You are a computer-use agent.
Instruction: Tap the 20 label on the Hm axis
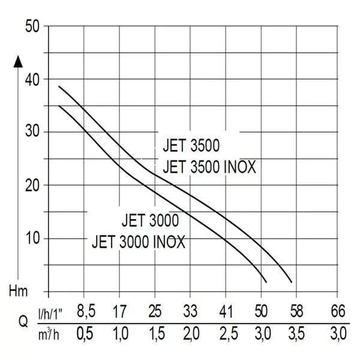tap(32, 185)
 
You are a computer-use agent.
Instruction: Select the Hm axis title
tap(19, 291)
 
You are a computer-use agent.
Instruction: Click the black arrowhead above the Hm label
tap(18, 62)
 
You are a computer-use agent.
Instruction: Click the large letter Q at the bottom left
tap(23, 322)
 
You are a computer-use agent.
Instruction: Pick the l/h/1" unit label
tap(50, 314)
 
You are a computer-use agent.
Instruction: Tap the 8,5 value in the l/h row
tap(86, 311)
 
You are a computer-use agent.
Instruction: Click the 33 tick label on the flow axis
tap(190, 311)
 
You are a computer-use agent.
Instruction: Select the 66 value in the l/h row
tap(338, 311)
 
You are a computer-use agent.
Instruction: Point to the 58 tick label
tap(296, 311)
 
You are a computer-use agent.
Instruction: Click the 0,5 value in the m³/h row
tap(85, 334)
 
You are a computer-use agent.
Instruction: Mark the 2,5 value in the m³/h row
tap(229, 334)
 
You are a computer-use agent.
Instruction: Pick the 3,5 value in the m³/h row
tap(296, 334)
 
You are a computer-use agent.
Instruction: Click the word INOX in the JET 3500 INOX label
tap(239, 167)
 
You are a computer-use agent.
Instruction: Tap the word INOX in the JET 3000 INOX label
tap(169, 242)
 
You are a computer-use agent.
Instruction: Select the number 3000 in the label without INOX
tap(164, 220)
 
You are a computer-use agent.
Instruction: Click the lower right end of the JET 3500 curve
tap(292, 282)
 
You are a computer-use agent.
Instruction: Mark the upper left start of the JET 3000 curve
tap(59, 106)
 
